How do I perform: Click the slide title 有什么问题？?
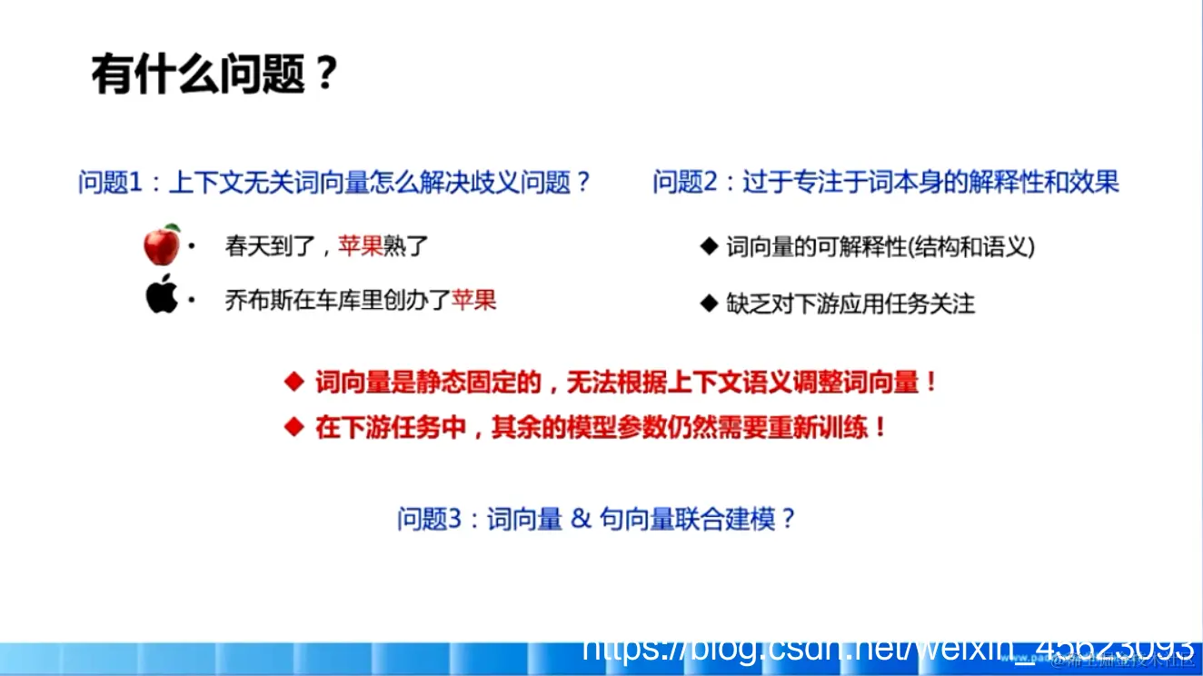[x=214, y=75]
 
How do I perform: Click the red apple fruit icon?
[x=162, y=244]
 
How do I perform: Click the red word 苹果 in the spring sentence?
[x=361, y=245]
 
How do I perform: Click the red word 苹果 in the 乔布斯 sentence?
[x=473, y=300]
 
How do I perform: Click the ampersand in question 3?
[x=581, y=519]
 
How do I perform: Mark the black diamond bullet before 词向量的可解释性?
[x=709, y=246]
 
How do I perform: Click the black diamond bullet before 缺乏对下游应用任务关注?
[x=709, y=303]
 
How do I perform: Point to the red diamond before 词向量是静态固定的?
[x=293, y=383]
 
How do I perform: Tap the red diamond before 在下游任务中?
[x=293, y=427]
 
